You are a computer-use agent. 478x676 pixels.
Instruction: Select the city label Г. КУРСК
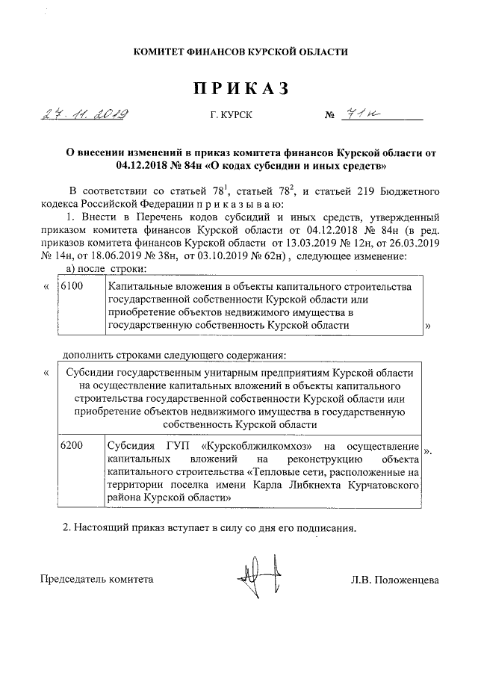click(232, 117)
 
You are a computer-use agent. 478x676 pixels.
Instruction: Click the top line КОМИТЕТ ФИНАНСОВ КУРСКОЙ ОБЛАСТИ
click(240, 51)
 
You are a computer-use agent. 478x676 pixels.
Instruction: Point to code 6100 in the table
click(71, 288)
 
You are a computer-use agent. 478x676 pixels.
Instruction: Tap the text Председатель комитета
click(97, 580)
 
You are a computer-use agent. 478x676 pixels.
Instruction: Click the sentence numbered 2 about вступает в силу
click(210, 527)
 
